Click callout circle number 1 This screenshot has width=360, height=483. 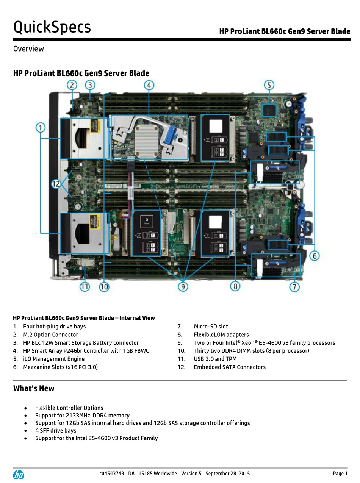[x=41, y=128]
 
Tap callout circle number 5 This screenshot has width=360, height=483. [x=269, y=85]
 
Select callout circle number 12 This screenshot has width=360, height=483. [x=56, y=184]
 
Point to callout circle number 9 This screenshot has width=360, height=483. [x=183, y=287]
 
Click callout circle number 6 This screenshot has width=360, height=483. [x=314, y=256]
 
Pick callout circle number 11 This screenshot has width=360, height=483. [x=85, y=287]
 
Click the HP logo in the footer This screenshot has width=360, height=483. [x=19, y=475]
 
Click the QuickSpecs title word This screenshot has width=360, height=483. [x=52, y=27]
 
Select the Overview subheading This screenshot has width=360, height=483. [x=28, y=49]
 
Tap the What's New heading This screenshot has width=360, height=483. [x=34, y=389]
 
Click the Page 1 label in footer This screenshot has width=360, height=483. [x=340, y=474]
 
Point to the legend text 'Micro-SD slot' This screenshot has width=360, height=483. [x=211, y=327]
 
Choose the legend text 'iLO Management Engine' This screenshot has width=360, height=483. [x=54, y=359]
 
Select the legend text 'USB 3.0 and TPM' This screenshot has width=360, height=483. [x=215, y=359]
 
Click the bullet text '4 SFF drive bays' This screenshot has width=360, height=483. [x=56, y=431]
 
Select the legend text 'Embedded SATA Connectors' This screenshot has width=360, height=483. [x=230, y=367]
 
